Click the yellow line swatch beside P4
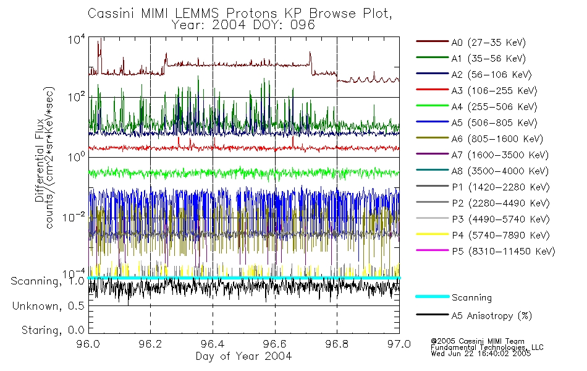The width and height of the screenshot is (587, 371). tap(431, 236)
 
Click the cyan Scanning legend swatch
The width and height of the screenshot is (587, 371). tap(431, 297)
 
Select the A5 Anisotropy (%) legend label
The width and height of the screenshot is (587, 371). tap(491, 316)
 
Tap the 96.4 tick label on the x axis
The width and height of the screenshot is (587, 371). tap(213, 345)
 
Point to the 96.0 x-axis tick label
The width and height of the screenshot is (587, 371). tap(88, 345)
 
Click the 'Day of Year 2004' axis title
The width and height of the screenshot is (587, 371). tap(243, 356)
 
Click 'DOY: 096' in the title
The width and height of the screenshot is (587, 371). tap(290, 25)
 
